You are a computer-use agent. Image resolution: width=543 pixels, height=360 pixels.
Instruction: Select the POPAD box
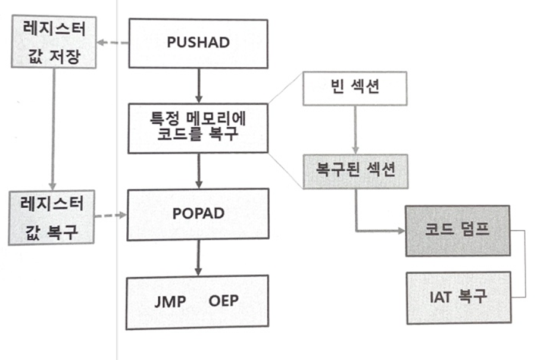pyautogui.click(x=198, y=214)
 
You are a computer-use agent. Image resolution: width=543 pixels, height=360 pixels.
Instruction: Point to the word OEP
pyautogui.click(x=223, y=300)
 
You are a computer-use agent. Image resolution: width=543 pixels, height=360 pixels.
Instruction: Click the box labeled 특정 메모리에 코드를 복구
pyautogui.click(x=198, y=127)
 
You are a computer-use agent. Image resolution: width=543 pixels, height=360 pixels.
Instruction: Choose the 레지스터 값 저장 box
pyautogui.click(x=54, y=43)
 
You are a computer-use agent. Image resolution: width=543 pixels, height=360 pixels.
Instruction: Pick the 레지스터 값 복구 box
pyautogui.click(x=53, y=217)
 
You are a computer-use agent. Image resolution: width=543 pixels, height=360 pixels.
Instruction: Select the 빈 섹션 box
pyautogui.click(x=355, y=89)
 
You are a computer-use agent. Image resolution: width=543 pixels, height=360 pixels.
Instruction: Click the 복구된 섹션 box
pyautogui.click(x=356, y=172)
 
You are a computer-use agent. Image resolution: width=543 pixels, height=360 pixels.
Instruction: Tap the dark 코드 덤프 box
pyautogui.click(x=458, y=230)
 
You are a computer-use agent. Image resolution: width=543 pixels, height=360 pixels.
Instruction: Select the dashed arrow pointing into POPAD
pyautogui.click(x=112, y=214)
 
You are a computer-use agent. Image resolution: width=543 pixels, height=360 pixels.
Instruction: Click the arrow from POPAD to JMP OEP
pyautogui.click(x=197, y=257)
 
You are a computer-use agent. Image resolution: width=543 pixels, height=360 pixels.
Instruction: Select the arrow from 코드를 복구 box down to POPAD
pyautogui.click(x=197, y=171)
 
